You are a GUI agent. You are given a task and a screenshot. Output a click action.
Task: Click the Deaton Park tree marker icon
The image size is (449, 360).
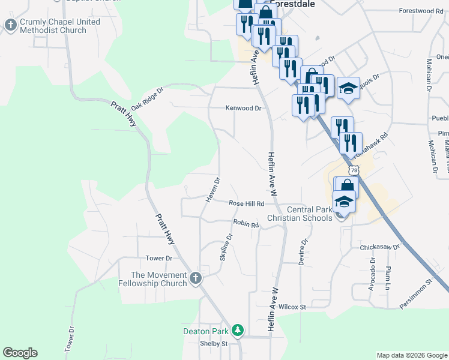(238, 331)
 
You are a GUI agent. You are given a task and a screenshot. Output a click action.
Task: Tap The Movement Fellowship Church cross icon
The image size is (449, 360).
(196, 278)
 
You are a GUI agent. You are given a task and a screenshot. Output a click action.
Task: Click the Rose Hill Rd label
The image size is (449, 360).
(246, 204)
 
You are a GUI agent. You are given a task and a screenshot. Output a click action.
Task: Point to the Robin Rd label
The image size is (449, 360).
(246, 224)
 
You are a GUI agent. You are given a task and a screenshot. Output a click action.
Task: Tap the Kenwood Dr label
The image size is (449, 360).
(244, 109)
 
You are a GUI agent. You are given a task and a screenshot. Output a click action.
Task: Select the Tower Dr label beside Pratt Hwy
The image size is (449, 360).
(159, 259)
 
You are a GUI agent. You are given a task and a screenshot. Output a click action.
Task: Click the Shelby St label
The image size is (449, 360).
(214, 344)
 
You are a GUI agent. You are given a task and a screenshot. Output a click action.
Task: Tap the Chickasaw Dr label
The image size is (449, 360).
(379, 247)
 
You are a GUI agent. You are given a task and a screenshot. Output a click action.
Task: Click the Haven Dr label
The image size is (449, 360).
(214, 189)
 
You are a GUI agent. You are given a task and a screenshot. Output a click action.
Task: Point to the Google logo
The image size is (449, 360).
(20, 353)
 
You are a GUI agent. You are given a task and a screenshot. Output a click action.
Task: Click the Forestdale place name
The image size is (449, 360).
(293, 4)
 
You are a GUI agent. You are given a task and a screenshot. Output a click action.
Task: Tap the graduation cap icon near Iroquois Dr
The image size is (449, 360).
(348, 88)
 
